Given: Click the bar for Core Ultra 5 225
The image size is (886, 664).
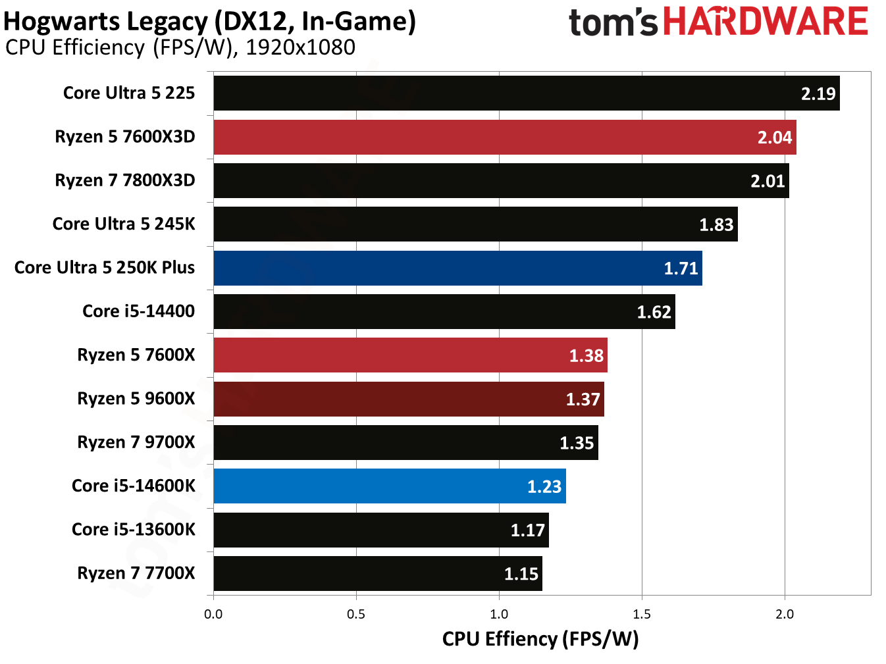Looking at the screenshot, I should (x=527, y=93).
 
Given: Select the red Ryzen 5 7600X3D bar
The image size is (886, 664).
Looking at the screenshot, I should (x=505, y=137).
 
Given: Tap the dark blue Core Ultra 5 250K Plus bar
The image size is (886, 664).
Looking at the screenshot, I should (x=457, y=268).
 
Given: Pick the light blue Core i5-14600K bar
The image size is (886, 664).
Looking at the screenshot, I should (x=390, y=486).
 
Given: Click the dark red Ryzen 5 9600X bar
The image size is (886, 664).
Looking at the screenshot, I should (x=409, y=399).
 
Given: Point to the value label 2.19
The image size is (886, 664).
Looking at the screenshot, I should (x=818, y=94).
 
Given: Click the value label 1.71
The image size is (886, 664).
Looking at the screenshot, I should (x=681, y=268).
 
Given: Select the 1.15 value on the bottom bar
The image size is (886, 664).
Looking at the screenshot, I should (x=521, y=575).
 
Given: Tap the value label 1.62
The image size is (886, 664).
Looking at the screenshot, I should (x=654, y=312).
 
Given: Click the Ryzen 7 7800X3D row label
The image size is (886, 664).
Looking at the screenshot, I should (x=125, y=180).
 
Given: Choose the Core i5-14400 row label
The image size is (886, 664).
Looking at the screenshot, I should (x=138, y=311).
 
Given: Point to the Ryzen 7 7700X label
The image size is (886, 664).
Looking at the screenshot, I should (x=136, y=573).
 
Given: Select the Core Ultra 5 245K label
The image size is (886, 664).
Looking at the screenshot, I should (x=124, y=224).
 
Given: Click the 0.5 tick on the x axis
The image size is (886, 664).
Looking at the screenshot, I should (x=356, y=615).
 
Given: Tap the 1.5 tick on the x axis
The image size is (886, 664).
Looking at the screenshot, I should (x=642, y=615).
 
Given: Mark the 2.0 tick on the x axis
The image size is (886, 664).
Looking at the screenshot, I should (x=784, y=615).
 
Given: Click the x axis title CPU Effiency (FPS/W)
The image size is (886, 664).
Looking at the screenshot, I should (x=540, y=639).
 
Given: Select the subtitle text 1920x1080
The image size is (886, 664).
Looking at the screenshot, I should (x=300, y=48).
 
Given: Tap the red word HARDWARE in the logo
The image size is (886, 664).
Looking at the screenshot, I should (x=766, y=22).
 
